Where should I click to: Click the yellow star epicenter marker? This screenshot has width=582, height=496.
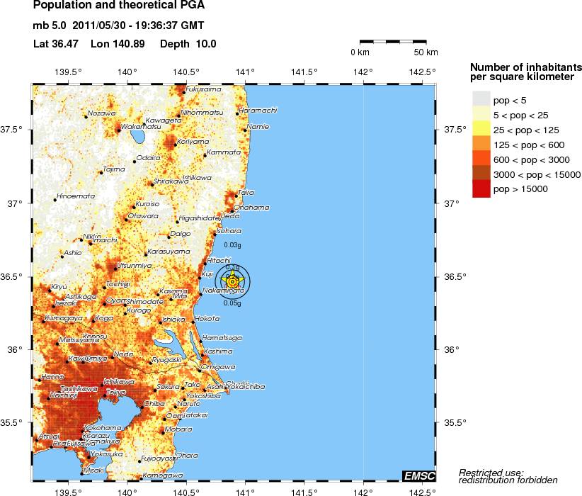click(x=232, y=282)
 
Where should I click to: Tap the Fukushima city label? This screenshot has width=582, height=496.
click(x=204, y=89)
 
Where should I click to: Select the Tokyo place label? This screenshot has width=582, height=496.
click(x=115, y=393)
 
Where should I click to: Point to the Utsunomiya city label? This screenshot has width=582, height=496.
click(x=134, y=265)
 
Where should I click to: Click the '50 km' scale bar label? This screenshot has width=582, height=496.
click(x=426, y=53)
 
